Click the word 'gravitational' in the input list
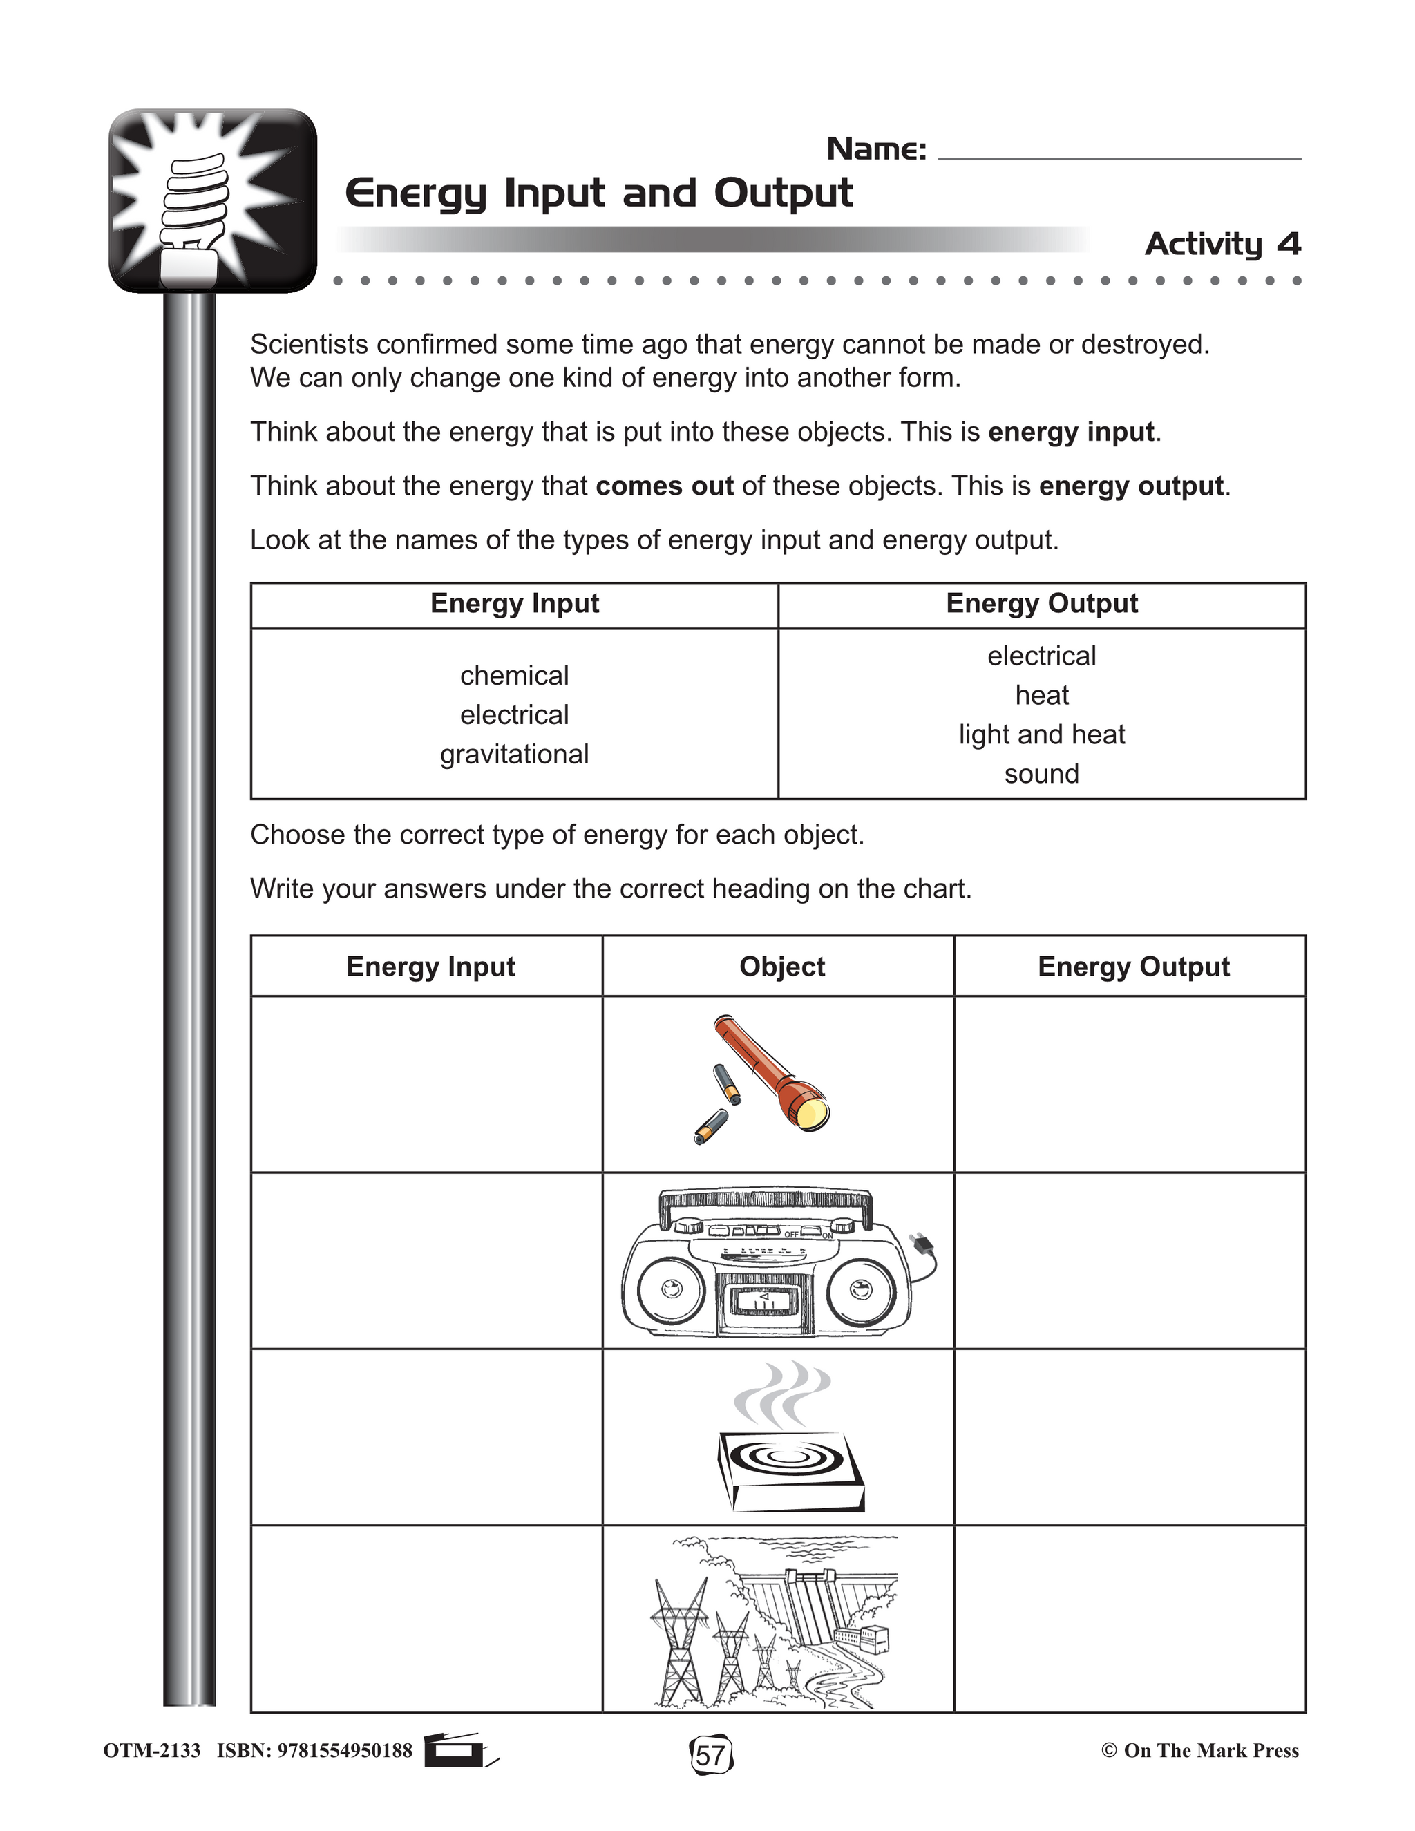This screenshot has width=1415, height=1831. coord(514,754)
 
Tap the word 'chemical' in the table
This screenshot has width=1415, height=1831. coord(514,675)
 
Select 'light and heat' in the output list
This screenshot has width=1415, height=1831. coord(1041,734)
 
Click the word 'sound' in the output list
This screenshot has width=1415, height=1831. coord(1041,774)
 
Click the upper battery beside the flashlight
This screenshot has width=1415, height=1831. coord(726,1084)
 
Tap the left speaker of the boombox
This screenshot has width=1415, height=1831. coord(672,1289)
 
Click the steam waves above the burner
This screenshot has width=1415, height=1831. coord(781,1394)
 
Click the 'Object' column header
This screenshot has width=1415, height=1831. coord(781,967)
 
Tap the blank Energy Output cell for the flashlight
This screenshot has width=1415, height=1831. coord(1129,1084)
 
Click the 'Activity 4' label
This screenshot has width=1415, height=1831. coord(1222,244)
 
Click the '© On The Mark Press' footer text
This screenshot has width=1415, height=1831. coord(1199,1751)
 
